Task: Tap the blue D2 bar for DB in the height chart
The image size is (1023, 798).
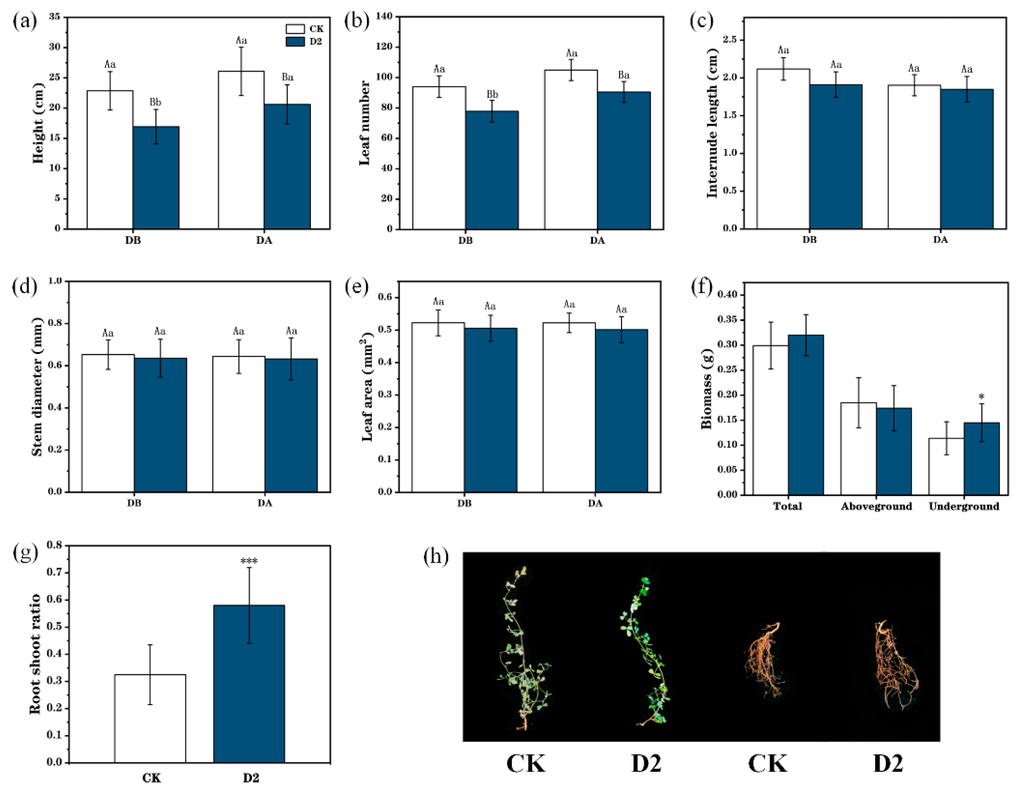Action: pos(156,178)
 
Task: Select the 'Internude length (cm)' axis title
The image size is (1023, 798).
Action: pos(712,123)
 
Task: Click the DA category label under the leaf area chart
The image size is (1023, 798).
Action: pos(595,503)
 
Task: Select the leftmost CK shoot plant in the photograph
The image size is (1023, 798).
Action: pos(522,651)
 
